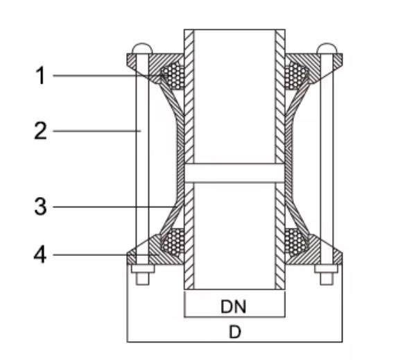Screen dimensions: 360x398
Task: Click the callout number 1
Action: click(41, 76)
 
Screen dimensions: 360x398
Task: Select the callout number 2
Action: click(41, 131)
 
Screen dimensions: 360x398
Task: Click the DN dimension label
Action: click(234, 305)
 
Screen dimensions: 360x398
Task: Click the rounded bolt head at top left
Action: click(140, 49)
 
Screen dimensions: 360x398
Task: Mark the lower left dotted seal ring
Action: click(171, 241)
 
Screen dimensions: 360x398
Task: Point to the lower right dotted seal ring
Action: click(297, 241)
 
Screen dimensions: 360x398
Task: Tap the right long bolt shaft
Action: click(327, 160)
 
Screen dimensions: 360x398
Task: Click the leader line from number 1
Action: click(104, 75)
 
